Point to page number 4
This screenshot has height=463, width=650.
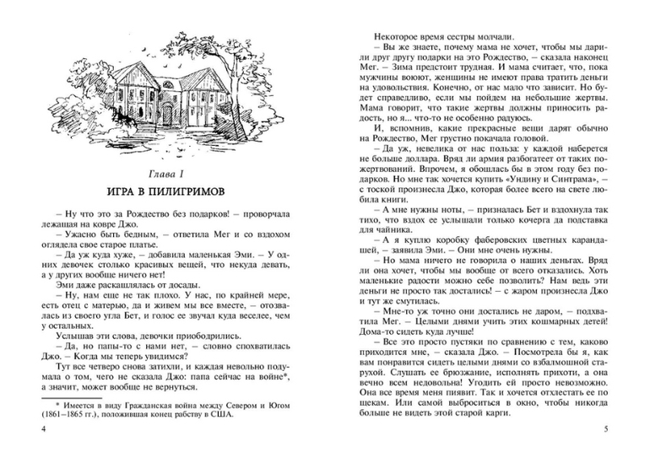click(43, 430)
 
